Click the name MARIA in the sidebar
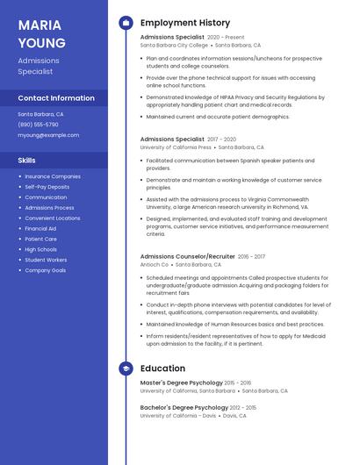[40, 25]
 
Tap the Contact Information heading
[56, 98]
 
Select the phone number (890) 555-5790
[38, 125]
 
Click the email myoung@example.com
[48, 135]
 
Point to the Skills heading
[26, 161]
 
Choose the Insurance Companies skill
[53, 176]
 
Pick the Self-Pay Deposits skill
[47, 187]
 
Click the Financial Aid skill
[40, 228]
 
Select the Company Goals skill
[46, 270]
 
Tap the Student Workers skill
[46, 260]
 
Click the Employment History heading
[184, 23]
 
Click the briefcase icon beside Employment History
[126, 23]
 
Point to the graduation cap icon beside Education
[126, 368]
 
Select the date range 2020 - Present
[226, 38]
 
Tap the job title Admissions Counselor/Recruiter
[187, 256]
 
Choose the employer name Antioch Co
[155, 264]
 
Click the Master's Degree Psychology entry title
[180, 383]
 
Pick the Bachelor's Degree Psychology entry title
[184, 407]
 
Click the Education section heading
[162, 368]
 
